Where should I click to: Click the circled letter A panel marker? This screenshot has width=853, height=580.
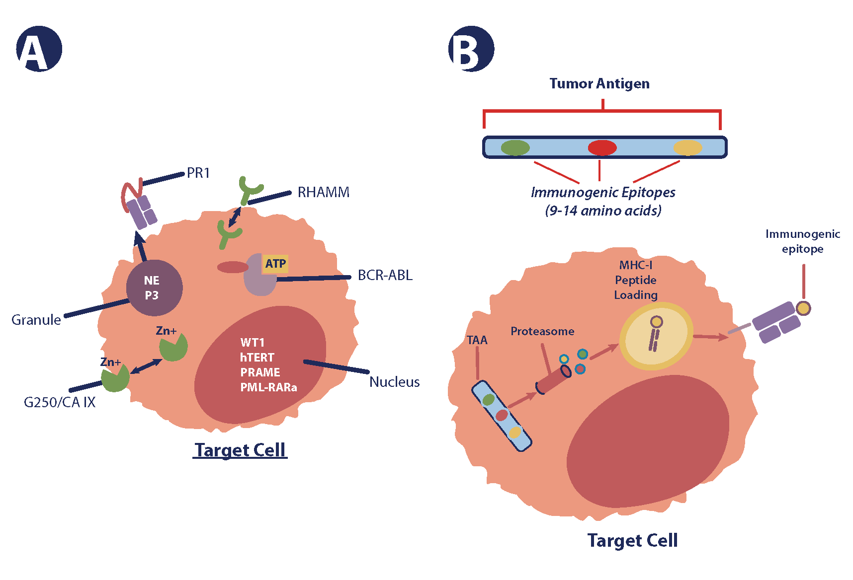coord(39,49)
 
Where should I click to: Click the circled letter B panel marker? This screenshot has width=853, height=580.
coord(471,49)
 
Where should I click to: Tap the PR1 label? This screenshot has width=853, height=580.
coord(198,173)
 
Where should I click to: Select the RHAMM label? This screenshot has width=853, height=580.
coord(323,192)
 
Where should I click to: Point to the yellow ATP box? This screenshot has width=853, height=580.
coord(275,263)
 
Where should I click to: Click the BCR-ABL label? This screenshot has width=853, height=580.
coord(385,275)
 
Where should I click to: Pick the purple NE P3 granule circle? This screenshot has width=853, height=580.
coord(154,288)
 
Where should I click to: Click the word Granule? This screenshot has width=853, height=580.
coord(36,320)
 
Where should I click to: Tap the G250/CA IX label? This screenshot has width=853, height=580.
coord(60,402)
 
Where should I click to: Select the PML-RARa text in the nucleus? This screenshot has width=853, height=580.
coord(268,387)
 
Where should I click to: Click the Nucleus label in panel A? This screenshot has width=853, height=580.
coord(394,382)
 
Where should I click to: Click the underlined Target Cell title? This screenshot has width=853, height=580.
coord(240,450)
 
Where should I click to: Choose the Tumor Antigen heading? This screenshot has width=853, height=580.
coord(599,83)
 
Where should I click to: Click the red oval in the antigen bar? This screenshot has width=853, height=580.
coord(602,147)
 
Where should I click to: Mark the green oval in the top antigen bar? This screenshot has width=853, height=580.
coord(515,147)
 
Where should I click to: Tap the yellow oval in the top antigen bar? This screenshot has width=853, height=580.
coord(687,147)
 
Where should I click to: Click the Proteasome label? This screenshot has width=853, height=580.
coord(542,331)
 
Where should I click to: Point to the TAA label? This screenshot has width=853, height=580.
coord(477,340)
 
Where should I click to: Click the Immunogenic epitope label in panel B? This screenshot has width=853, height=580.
coord(802,241)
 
